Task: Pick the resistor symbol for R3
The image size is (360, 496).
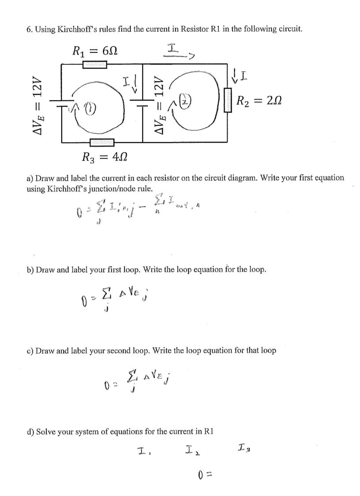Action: (101, 142)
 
